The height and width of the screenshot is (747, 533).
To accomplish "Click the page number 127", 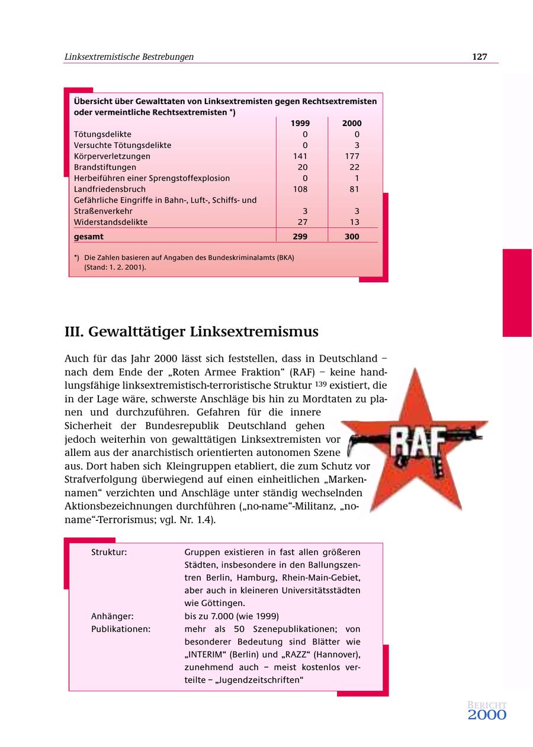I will pyautogui.click(x=479, y=57).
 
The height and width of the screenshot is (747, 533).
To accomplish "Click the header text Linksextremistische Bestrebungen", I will pyautogui.click(x=129, y=57).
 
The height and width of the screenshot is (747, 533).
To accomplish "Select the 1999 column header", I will pyautogui.click(x=300, y=123).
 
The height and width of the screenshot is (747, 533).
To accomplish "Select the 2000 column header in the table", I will pyautogui.click(x=352, y=123).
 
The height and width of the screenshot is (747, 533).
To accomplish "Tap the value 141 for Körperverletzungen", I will pyautogui.click(x=300, y=156).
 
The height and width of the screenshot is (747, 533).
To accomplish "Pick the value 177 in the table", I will pyautogui.click(x=352, y=156).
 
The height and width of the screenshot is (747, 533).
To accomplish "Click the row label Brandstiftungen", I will pyautogui.click(x=105, y=167).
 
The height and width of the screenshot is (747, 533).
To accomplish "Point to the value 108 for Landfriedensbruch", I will pyautogui.click(x=300, y=189).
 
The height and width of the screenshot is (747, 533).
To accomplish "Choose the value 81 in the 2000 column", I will pyautogui.click(x=354, y=189).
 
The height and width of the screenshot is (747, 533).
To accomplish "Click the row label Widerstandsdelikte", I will pyautogui.click(x=111, y=222).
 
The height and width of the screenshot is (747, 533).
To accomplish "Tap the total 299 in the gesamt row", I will pyautogui.click(x=300, y=236).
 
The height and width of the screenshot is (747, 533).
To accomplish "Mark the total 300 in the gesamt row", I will pyautogui.click(x=352, y=236).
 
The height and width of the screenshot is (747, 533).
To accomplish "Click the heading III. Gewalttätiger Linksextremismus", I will pyautogui.click(x=191, y=332).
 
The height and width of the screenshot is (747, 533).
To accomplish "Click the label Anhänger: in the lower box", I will pyautogui.click(x=112, y=616).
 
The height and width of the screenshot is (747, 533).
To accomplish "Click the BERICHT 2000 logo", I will pyautogui.click(x=487, y=710).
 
